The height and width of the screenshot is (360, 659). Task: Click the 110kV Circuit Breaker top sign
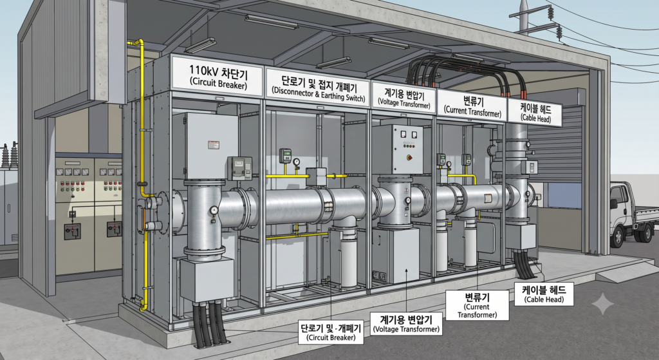pos(218,77)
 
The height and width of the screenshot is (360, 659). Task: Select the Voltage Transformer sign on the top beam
pos(404,97)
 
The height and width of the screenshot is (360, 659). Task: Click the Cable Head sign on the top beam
pos(535,112)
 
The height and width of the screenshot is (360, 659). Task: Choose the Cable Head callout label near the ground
pos(544,294)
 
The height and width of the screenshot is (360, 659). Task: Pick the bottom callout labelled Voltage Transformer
pos(407,323)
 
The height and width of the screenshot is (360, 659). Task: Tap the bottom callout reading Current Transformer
pos(477,305)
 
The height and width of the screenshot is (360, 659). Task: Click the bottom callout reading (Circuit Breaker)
pos(331,332)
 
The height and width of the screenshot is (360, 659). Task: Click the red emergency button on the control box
pos(409,157)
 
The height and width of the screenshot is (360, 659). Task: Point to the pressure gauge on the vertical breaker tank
pos(214,210)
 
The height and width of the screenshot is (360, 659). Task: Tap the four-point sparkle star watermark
pos(602,303)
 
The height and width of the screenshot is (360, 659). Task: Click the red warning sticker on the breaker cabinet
pos(213,145)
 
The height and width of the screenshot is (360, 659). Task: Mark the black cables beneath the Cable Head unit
pos(524,264)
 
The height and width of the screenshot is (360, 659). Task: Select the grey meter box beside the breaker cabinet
pos(239,168)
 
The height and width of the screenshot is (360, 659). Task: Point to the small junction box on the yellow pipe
pos(316,176)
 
